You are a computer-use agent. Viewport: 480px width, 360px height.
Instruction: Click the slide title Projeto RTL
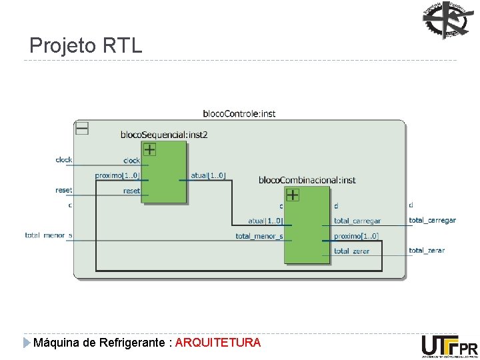[86, 45]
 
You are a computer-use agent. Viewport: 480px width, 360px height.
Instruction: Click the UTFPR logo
[449, 347]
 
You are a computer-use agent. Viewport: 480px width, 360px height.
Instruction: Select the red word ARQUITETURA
[218, 343]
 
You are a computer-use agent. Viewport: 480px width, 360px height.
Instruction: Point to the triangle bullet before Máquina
[26, 343]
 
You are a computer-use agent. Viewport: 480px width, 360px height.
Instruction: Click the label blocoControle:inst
[239, 113]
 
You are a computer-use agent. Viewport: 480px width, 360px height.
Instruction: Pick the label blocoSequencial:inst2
[164, 134]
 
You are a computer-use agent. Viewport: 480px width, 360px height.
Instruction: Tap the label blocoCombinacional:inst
[307, 180]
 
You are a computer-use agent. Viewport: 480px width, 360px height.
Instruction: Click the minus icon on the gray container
[82, 128]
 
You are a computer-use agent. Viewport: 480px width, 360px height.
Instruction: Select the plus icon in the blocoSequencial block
[150, 149]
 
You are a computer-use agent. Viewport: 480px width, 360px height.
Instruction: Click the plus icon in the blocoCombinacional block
[292, 195]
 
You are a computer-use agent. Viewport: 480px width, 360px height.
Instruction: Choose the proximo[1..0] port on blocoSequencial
[117, 175]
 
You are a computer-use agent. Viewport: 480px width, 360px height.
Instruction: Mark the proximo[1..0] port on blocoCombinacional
[356, 236]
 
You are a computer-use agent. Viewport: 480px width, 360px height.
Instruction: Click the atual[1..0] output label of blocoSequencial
[208, 175]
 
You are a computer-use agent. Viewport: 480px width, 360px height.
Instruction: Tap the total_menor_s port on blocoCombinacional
[259, 236]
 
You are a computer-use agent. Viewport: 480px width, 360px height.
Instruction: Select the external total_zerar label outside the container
[427, 251]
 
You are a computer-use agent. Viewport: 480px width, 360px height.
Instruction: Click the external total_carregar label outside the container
[432, 220]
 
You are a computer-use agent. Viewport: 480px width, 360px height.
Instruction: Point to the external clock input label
[64, 160]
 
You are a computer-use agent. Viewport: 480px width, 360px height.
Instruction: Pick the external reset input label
[64, 190]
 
